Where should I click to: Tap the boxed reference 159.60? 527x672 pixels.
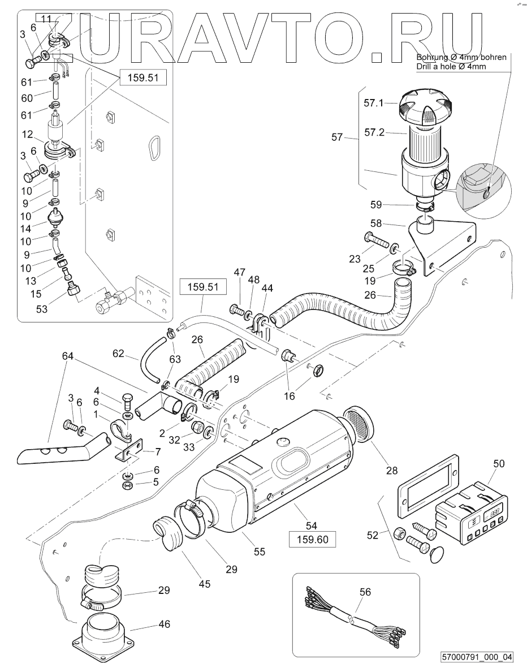[312, 539]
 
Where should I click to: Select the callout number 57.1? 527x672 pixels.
[374, 103]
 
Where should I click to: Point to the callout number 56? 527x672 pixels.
[365, 592]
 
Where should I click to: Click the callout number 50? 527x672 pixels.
[499, 463]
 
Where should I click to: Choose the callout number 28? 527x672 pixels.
[392, 471]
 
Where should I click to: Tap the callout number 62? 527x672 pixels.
[118, 354]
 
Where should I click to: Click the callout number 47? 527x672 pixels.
[240, 272]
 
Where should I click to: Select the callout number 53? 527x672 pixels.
[41, 308]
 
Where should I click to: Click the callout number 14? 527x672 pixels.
[25, 229]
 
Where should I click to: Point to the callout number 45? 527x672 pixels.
[205, 584]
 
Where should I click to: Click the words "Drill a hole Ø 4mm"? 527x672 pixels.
[451, 66]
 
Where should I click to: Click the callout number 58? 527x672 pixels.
[376, 223]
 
